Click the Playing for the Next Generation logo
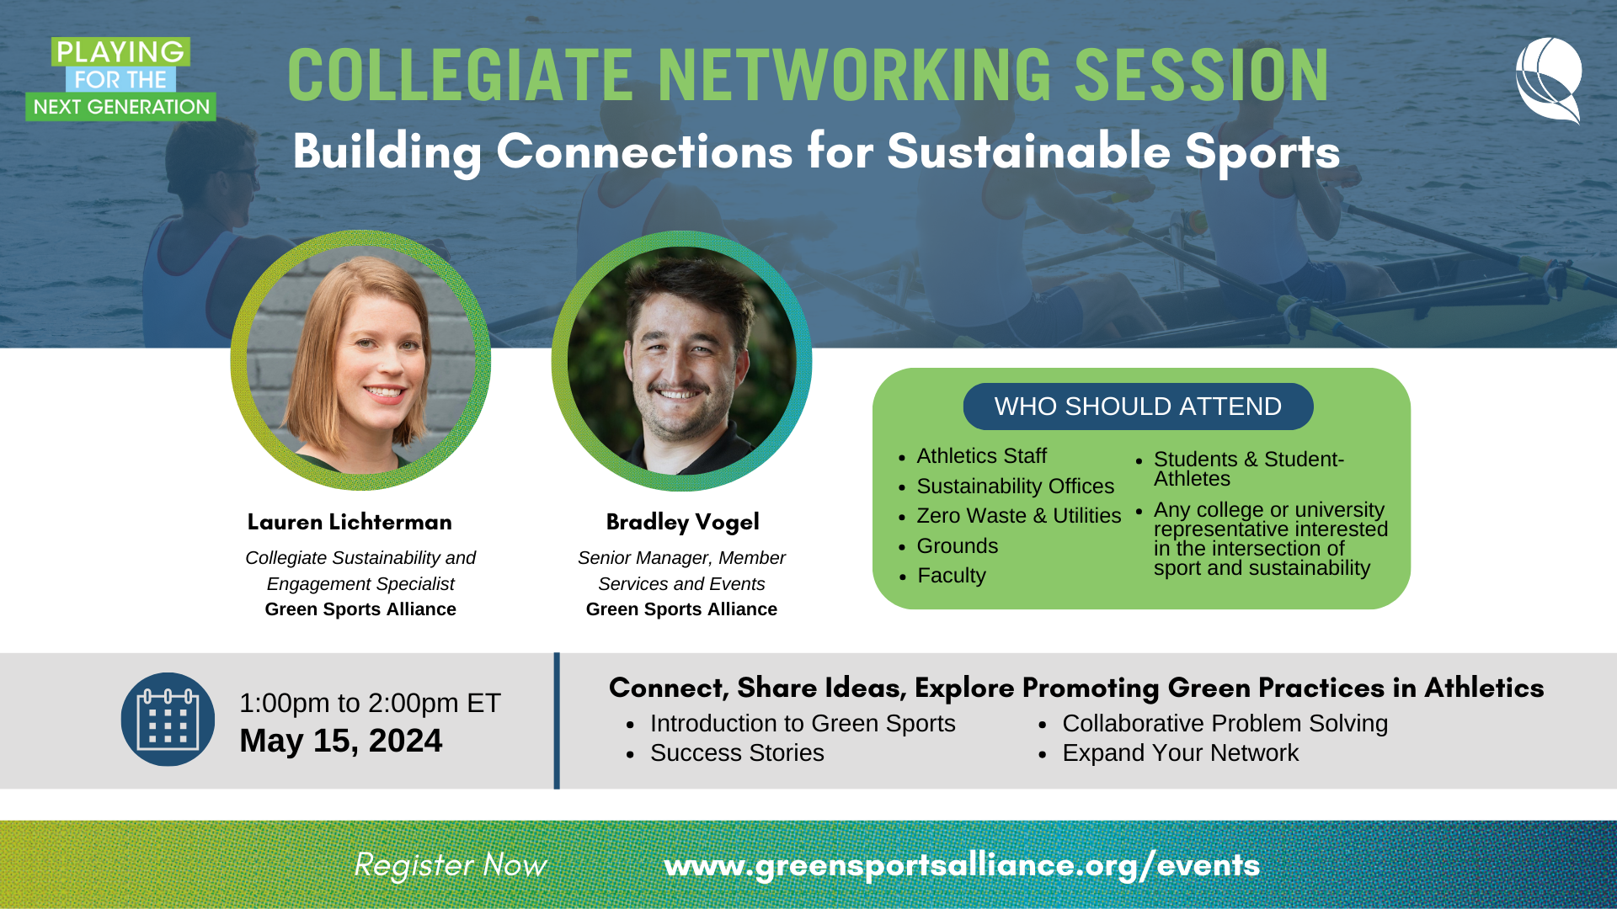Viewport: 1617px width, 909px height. [120, 79]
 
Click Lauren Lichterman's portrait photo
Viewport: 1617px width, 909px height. [360, 360]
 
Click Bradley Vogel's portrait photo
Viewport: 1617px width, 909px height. [681, 360]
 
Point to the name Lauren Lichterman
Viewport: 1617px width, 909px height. [350, 522]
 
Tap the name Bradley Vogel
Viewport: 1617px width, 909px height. [682, 522]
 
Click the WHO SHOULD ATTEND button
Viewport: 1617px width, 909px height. [1138, 407]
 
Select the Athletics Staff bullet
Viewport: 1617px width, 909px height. [981, 456]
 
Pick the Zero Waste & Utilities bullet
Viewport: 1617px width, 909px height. [1018, 516]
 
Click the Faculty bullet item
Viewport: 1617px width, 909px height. [951, 576]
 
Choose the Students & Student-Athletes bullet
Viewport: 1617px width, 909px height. [1248, 469]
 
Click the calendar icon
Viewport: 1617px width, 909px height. [168, 720]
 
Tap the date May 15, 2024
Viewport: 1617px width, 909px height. [340, 742]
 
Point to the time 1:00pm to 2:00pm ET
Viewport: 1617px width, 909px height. [370, 703]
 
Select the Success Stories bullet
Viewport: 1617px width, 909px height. [736, 753]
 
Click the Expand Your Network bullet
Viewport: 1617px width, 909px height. [1179, 753]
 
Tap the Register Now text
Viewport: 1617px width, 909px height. [450, 865]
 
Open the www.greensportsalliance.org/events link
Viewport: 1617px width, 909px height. [961, 865]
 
